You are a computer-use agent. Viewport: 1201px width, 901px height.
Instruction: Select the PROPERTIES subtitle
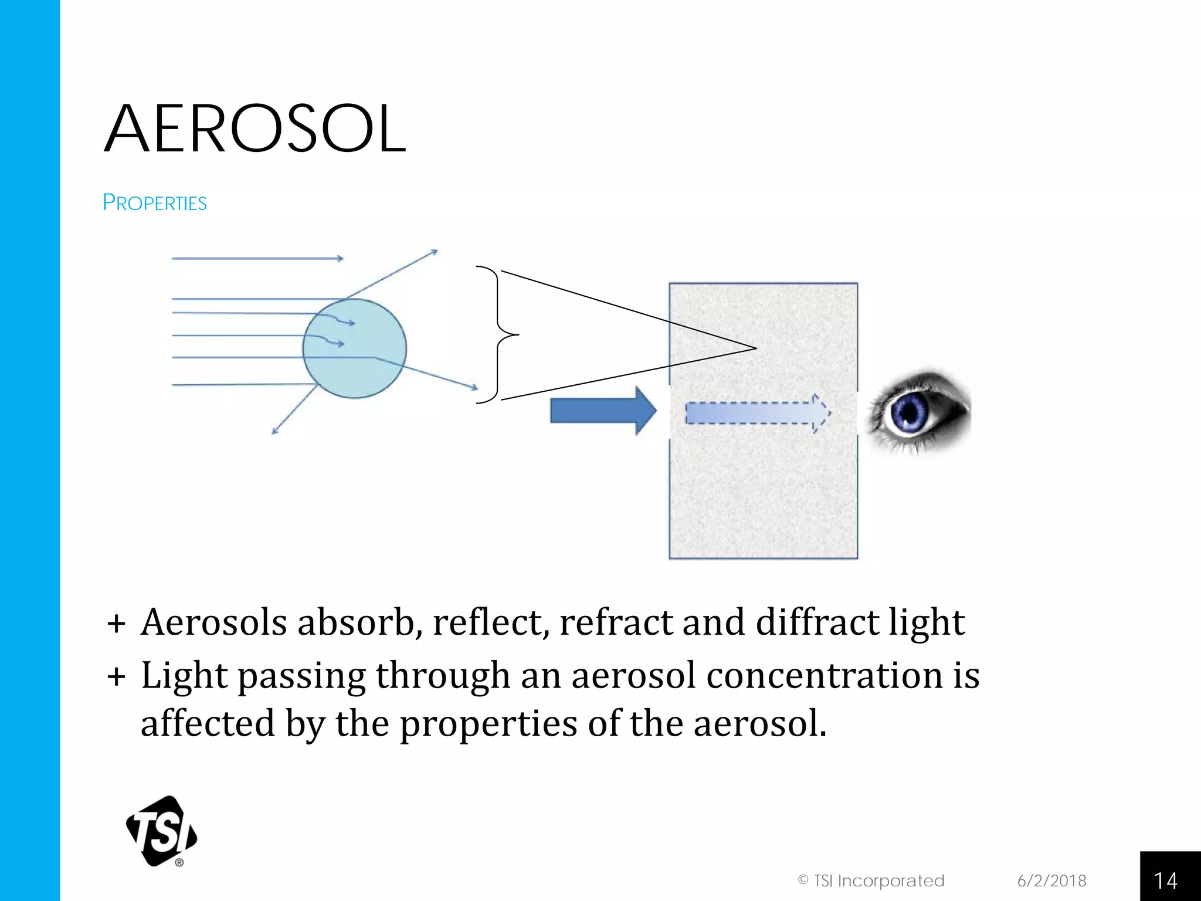tap(155, 203)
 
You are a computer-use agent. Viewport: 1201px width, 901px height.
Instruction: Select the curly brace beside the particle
tap(498, 334)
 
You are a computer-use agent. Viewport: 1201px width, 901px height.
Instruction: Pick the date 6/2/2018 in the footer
tap(1051, 880)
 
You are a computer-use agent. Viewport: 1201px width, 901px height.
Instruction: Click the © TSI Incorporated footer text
tap(871, 880)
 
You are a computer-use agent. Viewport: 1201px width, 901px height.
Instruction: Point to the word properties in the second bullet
tap(488, 724)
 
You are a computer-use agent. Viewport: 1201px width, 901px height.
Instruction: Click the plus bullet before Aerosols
tap(117, 624)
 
